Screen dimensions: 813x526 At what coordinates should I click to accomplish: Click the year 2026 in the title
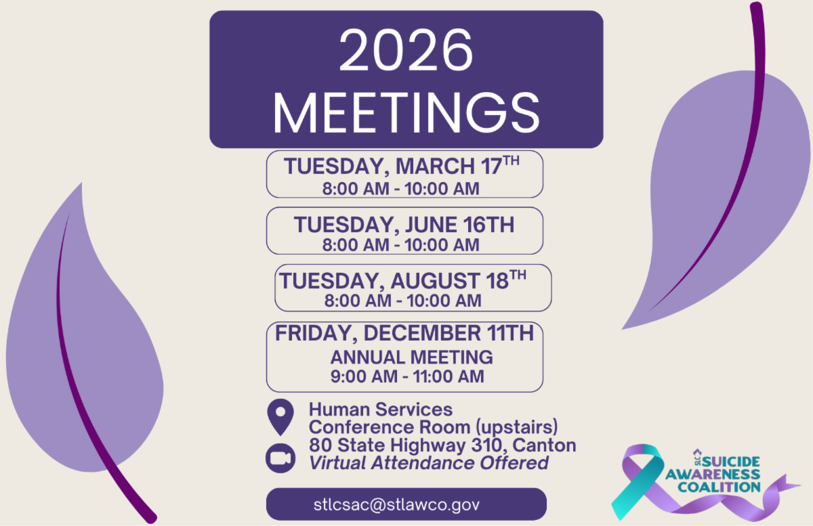[406, 50]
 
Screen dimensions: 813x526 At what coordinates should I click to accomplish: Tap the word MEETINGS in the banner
[406, 113]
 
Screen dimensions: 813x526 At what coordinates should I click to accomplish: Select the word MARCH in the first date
[435, 167]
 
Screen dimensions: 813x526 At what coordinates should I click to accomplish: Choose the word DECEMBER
[423, 333]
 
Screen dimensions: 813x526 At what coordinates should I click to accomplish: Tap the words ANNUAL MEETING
[412, 357]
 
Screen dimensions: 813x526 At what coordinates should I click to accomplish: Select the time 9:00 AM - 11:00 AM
[407, 376]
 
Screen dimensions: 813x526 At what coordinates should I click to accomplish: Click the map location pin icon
[280, 417]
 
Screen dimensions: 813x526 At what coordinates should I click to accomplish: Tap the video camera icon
[280, 458]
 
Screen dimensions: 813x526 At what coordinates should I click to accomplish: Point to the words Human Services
[381, 410]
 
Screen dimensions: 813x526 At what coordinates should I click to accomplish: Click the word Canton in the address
[544, 445]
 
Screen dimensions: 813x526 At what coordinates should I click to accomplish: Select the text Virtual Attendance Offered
[429, 463]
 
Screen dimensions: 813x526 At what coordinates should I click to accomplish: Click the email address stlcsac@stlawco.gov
[397, 504]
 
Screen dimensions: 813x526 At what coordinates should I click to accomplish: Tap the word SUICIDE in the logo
[731, 462]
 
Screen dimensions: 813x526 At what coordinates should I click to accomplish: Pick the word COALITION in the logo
[719, 487]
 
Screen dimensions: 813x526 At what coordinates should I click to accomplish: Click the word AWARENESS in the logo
[713, 475]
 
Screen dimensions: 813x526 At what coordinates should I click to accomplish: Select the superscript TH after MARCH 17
[512, 160]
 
